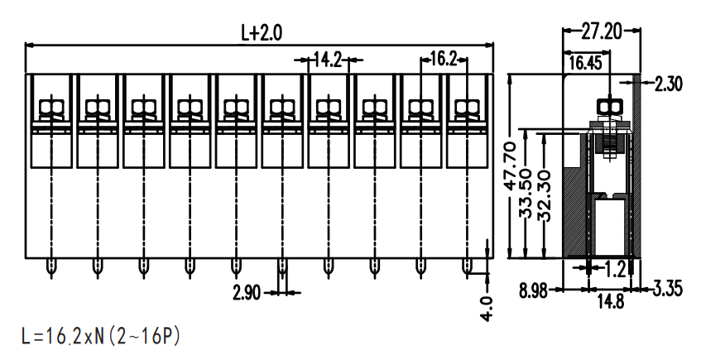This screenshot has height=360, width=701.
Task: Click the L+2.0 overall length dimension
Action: [x=262, y=33]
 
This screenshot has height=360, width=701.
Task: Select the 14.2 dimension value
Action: [x=327, y=60]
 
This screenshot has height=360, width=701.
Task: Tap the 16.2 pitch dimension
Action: [x=443, y=59]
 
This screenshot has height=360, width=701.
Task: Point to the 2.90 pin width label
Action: [x=247, y=293]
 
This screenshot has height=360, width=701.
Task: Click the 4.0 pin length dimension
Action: [x=487, y=308]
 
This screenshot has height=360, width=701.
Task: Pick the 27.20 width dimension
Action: [x=602, y=31]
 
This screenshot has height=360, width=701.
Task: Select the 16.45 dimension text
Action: [x=585, y=63]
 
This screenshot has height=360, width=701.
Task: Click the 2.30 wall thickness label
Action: [x=669, y=84]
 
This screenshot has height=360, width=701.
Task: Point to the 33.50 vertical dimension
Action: [x=526, y=193]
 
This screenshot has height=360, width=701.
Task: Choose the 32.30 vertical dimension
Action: [x=545, y=197]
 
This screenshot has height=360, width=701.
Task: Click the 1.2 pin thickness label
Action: [x=615, y=269]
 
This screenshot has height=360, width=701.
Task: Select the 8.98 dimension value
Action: [x=533, y=291]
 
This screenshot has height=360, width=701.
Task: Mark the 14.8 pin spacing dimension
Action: [x=611, y=302]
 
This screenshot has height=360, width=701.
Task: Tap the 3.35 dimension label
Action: [x=668, y=289]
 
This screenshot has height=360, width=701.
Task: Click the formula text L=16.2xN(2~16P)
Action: [x=101, y=336]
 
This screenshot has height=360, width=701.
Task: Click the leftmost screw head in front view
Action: [x=52, y=108]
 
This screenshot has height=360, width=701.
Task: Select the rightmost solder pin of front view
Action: [x=466, y=267]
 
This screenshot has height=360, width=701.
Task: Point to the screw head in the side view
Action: [x=610, y=107]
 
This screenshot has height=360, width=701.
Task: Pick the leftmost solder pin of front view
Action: [x=51, y=267]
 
